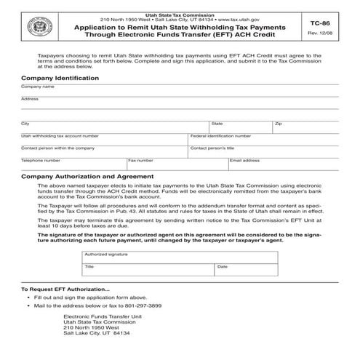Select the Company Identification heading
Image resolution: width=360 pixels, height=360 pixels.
coord(60,77)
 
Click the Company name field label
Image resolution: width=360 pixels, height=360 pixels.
coord(38,86)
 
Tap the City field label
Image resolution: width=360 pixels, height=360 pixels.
coord(25,123)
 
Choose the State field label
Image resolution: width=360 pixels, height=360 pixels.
coord(217,123)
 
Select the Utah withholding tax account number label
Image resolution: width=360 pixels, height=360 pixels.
coord(60,135)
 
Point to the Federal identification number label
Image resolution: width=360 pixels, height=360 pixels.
coord(220,135)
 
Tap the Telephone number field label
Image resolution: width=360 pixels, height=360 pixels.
coord(41,159)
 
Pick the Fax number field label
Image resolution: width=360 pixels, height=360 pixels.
coord(141,159)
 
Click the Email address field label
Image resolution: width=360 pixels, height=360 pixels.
coord(245,159)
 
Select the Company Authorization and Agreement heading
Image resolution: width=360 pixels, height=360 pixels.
coord(87,176)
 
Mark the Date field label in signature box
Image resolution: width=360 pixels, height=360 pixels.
coord(222,267)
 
